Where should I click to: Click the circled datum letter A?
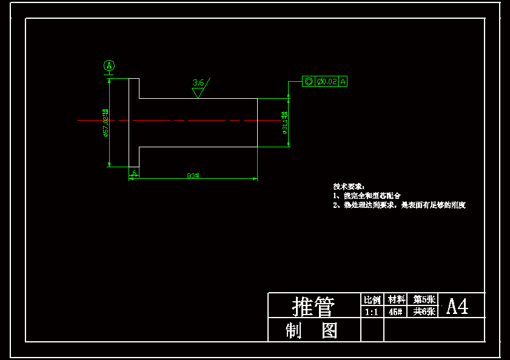109,65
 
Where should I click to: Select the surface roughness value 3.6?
198,82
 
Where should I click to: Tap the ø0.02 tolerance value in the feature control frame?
327,81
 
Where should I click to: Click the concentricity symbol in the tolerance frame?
308,81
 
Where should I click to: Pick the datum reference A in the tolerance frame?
343,81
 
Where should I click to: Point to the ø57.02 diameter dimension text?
106,123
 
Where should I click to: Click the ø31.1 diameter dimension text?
284,121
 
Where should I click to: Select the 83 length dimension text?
193,176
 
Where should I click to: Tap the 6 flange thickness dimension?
133,173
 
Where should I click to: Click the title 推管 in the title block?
314,306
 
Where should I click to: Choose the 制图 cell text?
312,331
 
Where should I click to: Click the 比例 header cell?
372,300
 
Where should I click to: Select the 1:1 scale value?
372,312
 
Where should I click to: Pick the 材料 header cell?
397,300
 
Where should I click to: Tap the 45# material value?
396,312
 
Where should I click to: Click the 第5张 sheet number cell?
424,299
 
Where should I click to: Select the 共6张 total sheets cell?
424,312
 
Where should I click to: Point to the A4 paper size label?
457,307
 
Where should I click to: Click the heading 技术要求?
347,186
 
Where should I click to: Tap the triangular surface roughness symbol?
198,93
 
